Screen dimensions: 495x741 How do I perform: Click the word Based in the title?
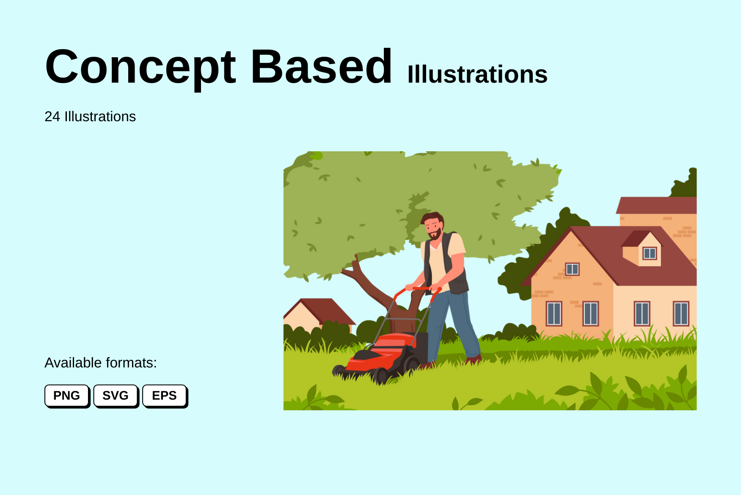point(321,67)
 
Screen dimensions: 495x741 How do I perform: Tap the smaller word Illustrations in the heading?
point(477,75)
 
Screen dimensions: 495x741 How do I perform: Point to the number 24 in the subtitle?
point(52,117)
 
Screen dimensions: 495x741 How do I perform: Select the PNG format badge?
point(67,395)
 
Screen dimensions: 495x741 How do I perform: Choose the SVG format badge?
point(116,395)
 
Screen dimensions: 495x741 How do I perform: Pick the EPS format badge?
point(164,395)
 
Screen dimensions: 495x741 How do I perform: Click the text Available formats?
point(101,363)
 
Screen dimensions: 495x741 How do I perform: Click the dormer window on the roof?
point(649,253)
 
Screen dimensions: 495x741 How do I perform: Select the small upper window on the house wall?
point(572,269)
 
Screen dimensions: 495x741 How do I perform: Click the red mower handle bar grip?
point(419,289)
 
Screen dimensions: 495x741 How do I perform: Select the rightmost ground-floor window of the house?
point(680,313)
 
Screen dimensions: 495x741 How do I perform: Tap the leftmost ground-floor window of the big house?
point(554,313)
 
